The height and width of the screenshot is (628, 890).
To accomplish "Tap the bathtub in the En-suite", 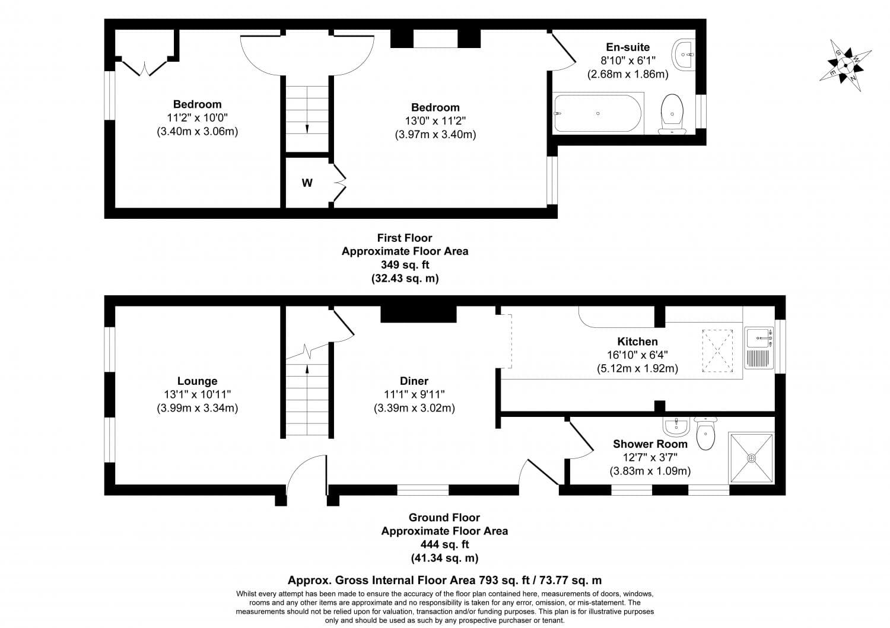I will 597,113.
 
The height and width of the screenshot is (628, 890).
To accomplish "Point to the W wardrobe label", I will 307,183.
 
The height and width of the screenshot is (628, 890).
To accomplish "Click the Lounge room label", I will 197,381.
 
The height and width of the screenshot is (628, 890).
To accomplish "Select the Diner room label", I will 414,381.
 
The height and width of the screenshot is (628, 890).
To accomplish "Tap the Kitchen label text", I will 637,342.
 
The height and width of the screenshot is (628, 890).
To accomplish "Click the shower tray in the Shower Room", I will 751,458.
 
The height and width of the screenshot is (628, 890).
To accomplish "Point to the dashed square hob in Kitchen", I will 717,351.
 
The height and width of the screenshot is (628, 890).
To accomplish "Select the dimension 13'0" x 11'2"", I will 436,121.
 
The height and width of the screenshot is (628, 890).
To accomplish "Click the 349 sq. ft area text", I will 405,264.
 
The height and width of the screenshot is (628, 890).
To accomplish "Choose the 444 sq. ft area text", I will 444,544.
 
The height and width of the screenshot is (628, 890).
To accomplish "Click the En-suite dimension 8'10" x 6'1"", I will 628,60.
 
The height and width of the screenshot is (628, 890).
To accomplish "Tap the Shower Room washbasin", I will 676,426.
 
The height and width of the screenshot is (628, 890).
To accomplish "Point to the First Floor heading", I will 405,238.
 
